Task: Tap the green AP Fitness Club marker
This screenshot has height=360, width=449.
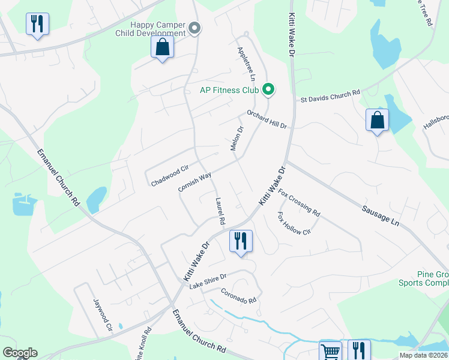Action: [269, 91]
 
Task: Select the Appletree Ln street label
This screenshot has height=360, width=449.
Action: [247, 65]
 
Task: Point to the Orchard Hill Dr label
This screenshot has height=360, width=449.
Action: [267, 119]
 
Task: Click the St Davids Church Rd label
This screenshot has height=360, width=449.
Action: [330, 96]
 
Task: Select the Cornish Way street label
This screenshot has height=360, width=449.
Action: [195, 182]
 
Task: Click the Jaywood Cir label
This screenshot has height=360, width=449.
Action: [101, 315]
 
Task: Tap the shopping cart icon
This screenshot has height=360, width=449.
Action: [330, 351]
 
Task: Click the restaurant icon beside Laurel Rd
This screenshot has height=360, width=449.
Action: [241, 241]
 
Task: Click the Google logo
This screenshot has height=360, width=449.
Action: [20, 353]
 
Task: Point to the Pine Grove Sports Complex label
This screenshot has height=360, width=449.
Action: [423, 278]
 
